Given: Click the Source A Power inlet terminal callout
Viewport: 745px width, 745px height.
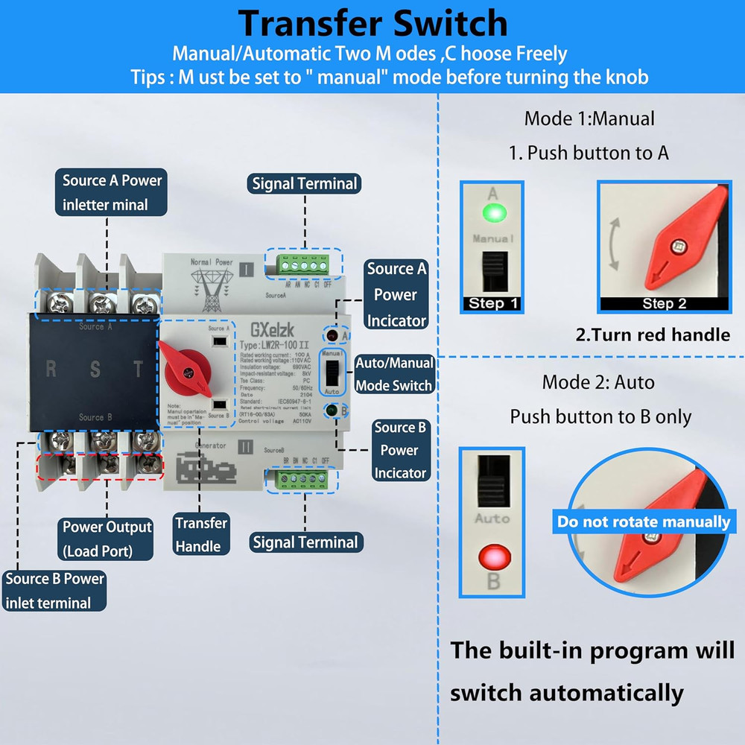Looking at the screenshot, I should click(112, 192).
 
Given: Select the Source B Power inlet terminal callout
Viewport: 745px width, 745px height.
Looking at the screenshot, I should click(54, 591).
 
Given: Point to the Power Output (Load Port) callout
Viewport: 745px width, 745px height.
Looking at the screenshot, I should click(107, 539).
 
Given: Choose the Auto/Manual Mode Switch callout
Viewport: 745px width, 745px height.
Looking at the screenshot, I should click(394, 374).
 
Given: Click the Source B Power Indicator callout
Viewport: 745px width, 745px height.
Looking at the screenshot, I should click(400, 450).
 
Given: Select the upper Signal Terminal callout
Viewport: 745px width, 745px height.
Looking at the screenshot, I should click(305, 183).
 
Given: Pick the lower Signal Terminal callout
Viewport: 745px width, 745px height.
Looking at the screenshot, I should click(305, 542).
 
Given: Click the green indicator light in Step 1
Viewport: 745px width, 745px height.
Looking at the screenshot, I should click(492, 215).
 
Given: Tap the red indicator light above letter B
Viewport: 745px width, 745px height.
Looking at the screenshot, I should click(492, 556).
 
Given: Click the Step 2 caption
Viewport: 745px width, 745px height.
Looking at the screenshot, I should click(664, 303).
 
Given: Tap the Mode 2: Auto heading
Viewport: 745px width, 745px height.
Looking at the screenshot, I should click(598, 382).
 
